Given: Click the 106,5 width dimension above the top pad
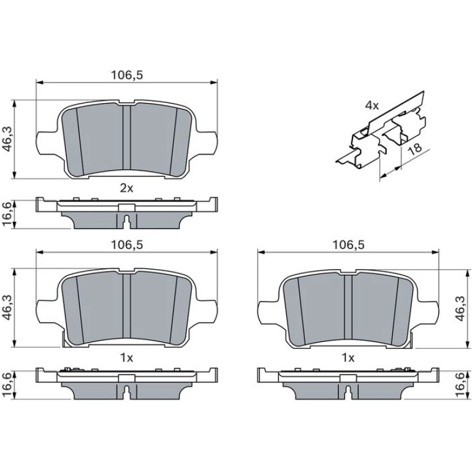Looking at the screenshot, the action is tap(127, 75).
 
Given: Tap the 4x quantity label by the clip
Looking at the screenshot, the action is tap(372, 105).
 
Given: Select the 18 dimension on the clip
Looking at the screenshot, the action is tap(416, 149).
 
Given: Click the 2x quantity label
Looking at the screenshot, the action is tap(126, 188).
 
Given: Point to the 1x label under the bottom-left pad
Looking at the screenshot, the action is tap(126, 358).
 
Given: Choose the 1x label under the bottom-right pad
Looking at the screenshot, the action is tap(348, 358).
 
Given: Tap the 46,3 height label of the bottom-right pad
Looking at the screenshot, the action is tap(460, 308).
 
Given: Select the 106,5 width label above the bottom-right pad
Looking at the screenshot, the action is tap(348, 245).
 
